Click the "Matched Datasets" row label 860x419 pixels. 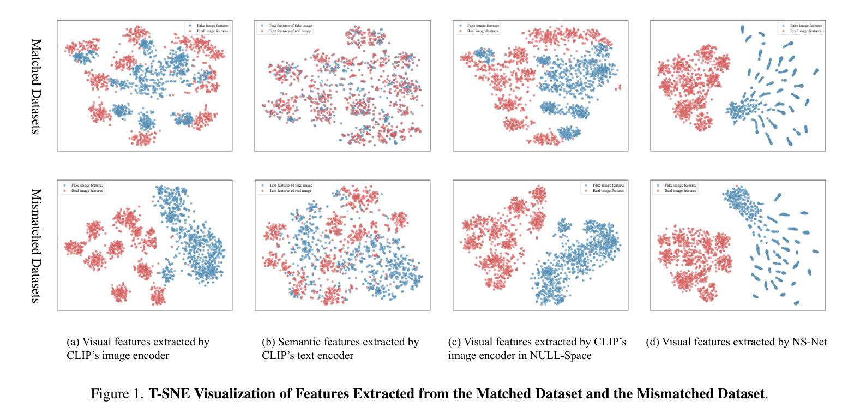[36, 86]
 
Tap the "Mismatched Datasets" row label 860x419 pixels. [36, 246]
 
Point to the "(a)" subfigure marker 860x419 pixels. [73, 342]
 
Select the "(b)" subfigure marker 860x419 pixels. [268, 342]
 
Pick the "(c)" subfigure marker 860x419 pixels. [454, 342]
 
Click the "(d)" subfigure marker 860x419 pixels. [652, 342]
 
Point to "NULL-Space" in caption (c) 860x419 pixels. [563, 356]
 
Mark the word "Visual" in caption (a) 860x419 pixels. [98, 342]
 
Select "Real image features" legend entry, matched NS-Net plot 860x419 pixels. [805, 31]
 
